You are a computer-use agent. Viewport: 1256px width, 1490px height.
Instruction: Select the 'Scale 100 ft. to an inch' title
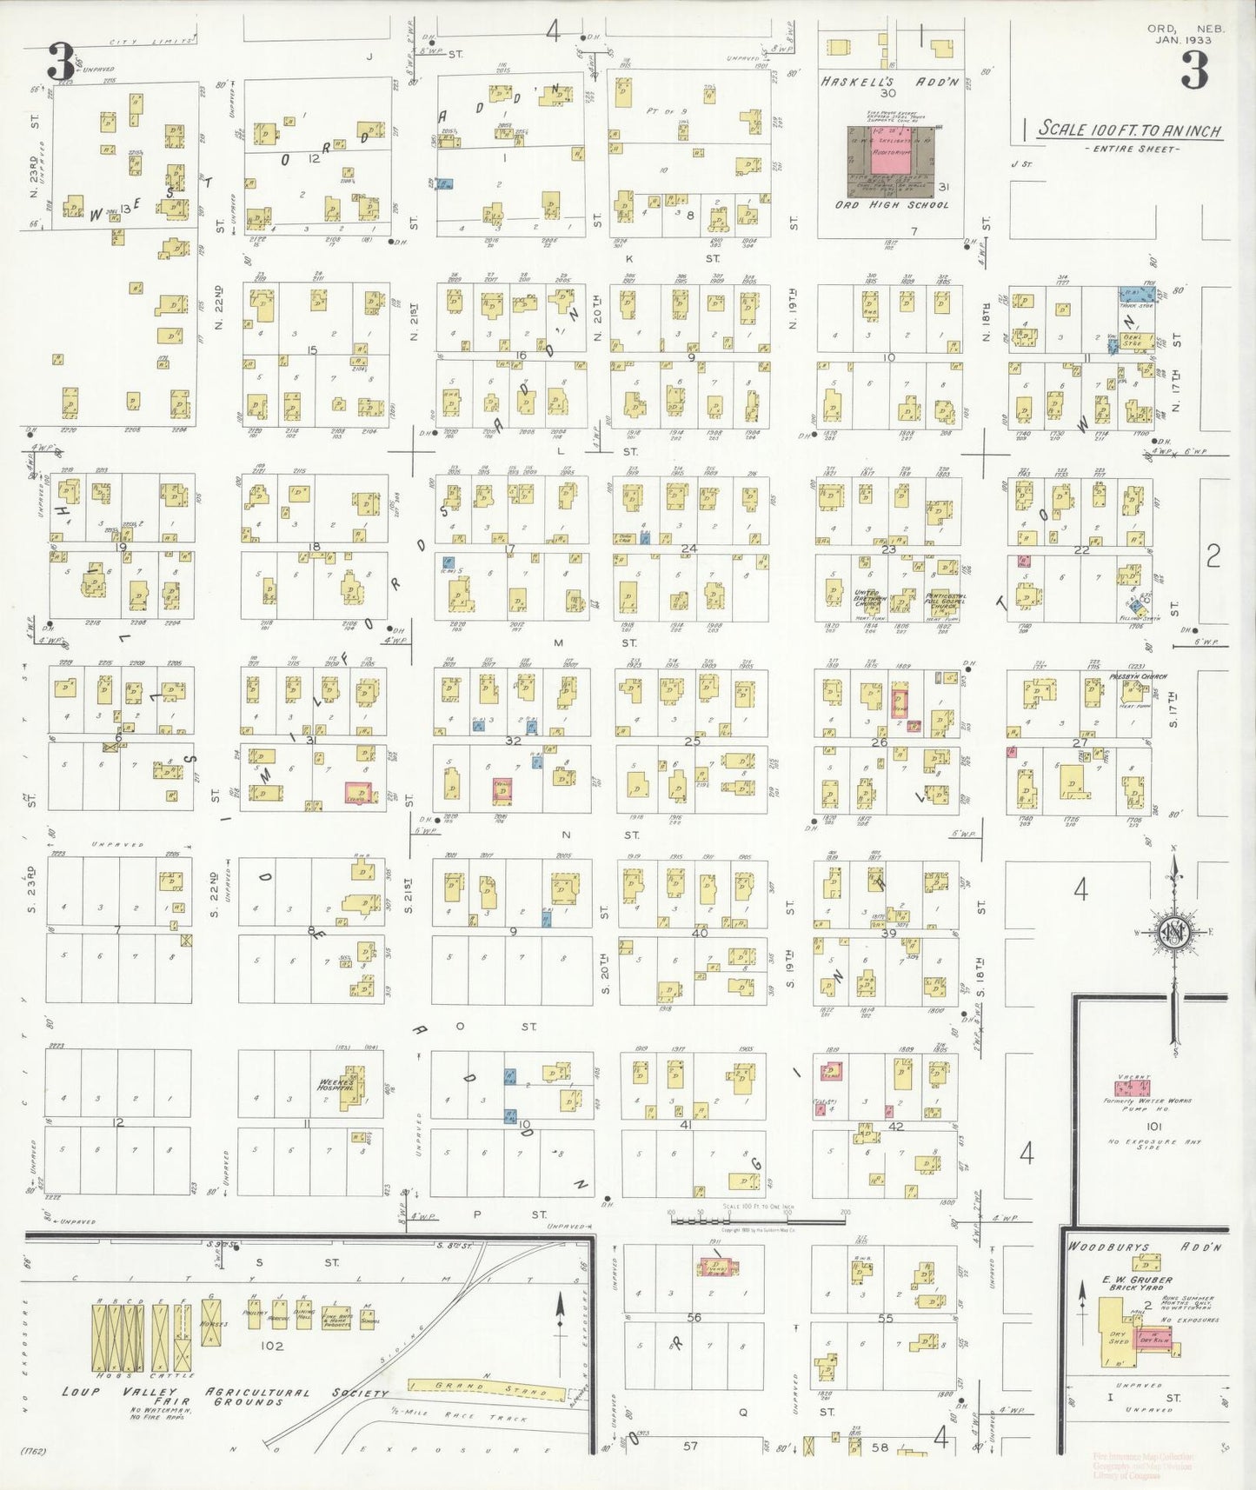pos(1130,130)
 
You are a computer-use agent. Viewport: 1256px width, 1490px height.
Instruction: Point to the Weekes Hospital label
pos(336,1085)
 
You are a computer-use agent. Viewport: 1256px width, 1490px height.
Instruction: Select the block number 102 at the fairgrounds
pos(272,1346)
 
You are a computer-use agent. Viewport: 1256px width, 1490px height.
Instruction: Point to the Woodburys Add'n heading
pos(1145,1247)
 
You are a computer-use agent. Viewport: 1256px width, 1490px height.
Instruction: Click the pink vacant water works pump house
pos(1133,1087)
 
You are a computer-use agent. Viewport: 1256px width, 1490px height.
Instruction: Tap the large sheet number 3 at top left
pos(60,63)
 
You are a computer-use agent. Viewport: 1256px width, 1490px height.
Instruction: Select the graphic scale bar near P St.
pos(757,1221)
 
